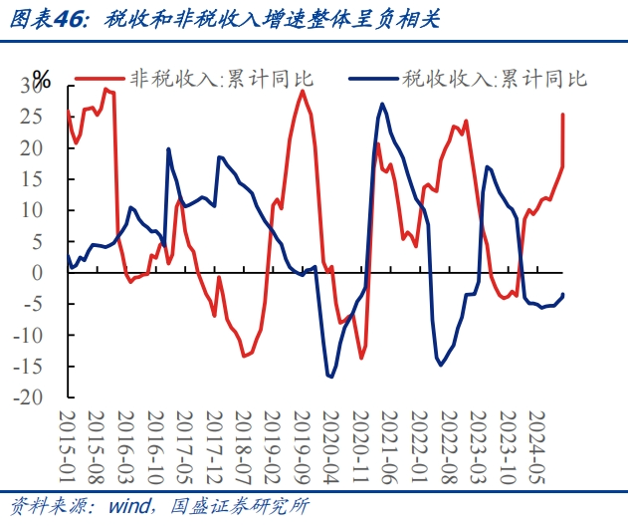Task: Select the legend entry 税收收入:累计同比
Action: pos(495,79)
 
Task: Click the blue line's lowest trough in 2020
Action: pos(329,377)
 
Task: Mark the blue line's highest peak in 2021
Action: pos(382,103)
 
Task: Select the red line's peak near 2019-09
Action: pos(302,91)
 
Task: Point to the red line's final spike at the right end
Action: pos(563,115)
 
